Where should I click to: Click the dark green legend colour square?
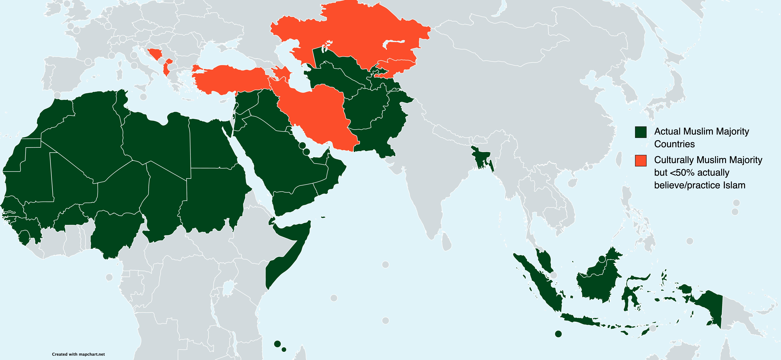pyautogui.click(x=641, y=132)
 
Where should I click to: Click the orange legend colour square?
pyautogui.click(x=641, y=161)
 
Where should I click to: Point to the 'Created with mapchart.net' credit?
pyautogui.click(x=78, y=354)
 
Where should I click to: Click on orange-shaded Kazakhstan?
pyautogui.click(x=349, y=33)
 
